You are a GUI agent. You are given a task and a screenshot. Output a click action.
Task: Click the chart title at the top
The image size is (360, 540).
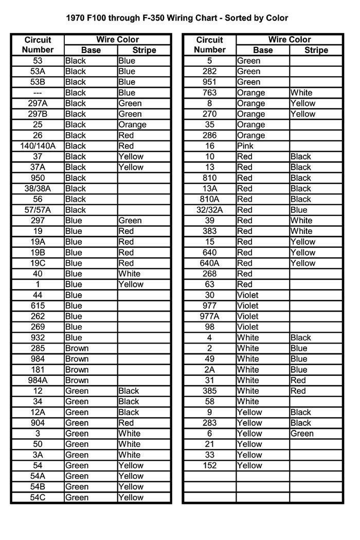coord(177,18)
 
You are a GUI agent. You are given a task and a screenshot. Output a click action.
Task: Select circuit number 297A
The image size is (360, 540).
coord(38,103)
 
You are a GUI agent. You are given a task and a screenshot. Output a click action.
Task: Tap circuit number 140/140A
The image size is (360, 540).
coord(38,146)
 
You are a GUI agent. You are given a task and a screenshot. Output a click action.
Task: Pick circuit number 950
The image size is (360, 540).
coord(38,178)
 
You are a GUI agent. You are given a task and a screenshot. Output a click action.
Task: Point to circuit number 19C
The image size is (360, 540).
coord(38,263)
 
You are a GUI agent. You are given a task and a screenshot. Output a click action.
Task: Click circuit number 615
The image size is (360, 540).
coord(38,306)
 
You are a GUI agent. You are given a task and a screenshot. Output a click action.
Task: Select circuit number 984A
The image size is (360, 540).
coord(38,381)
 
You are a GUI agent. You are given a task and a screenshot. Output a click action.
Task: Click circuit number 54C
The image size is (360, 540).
coord(38,498)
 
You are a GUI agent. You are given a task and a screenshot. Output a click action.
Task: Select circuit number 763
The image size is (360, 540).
coord(209,93)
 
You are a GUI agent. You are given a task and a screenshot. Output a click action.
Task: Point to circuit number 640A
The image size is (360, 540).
coord(209,263)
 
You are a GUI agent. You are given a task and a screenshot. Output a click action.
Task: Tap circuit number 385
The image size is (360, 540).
coord(209,391)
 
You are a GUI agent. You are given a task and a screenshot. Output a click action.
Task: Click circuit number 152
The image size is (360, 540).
coord(209,466)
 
